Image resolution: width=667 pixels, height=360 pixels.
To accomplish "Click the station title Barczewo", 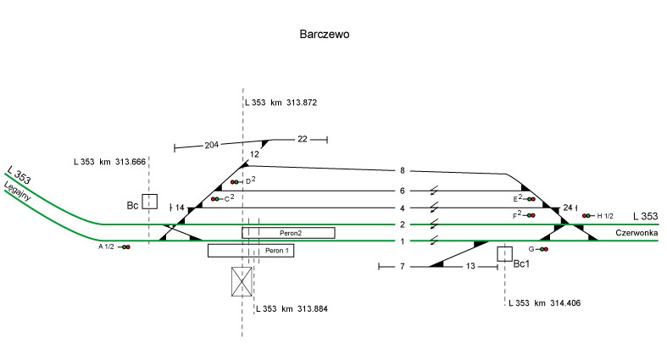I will point(325,36).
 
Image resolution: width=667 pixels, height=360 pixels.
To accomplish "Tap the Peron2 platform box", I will point(288,232).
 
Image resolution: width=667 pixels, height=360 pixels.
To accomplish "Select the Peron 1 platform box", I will point(251,251).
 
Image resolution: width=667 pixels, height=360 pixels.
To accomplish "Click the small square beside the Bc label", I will point(150,202).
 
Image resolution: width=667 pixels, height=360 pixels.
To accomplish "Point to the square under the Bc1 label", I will point(505,253).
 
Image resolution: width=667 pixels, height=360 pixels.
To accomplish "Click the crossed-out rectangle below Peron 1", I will point(242,281).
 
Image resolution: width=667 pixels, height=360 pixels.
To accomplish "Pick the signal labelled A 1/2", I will point(125,246).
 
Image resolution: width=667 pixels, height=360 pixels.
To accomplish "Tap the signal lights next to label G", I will point(543,249).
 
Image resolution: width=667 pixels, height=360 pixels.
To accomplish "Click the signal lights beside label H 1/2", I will point(586,216).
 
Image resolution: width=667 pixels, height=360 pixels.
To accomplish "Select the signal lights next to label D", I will point(235,182).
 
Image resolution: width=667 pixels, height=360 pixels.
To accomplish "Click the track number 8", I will point(403,171).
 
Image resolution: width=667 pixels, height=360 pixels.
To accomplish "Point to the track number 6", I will point(403,191).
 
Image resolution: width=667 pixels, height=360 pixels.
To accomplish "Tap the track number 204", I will point(212,146).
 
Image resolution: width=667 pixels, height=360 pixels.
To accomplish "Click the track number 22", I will point(303,138).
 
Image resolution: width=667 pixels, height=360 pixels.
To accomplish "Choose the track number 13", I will point(470,266).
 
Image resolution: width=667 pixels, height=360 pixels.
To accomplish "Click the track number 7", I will point(403,266).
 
